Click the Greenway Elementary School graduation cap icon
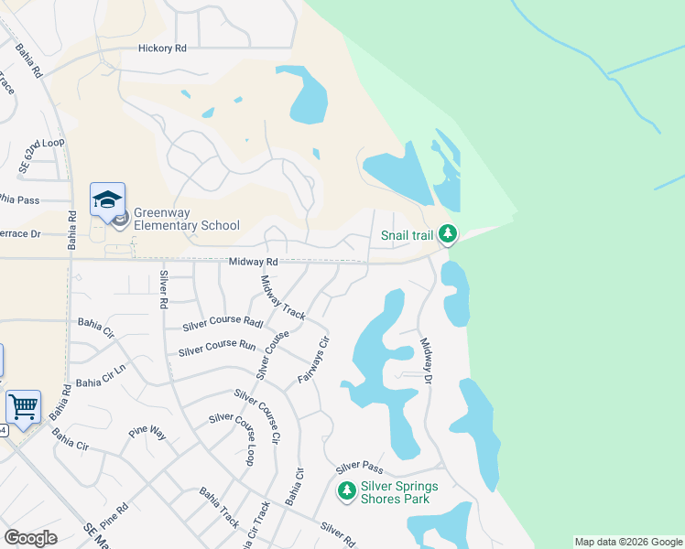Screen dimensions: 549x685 pyautogui.click(x=107, y=199)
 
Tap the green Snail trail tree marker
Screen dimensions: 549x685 pyautogui.click(x=447, y=235)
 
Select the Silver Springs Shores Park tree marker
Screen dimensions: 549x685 pyautogui.click(x=346, y=491)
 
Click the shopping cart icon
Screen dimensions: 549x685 pyautogui.click(x=23, y=404)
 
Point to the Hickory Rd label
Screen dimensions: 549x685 pyautogui.click(x=162, y=48)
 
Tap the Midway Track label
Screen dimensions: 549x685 pyautogui.click(x=283, y=297)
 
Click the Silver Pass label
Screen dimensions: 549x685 pyautogui.click(x=358, y=467)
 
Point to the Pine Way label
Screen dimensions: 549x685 pyautogui.click(x=146, y=430)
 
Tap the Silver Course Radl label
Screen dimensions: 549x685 pyautogui.click(x=223, y=323)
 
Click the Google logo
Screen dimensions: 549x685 pyautogui.click(x=30, y=538)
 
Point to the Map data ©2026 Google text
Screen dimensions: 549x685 pyautogui.click(x=628, y=542)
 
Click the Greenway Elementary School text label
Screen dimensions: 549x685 pyautogui.click(x=187, y=219)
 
